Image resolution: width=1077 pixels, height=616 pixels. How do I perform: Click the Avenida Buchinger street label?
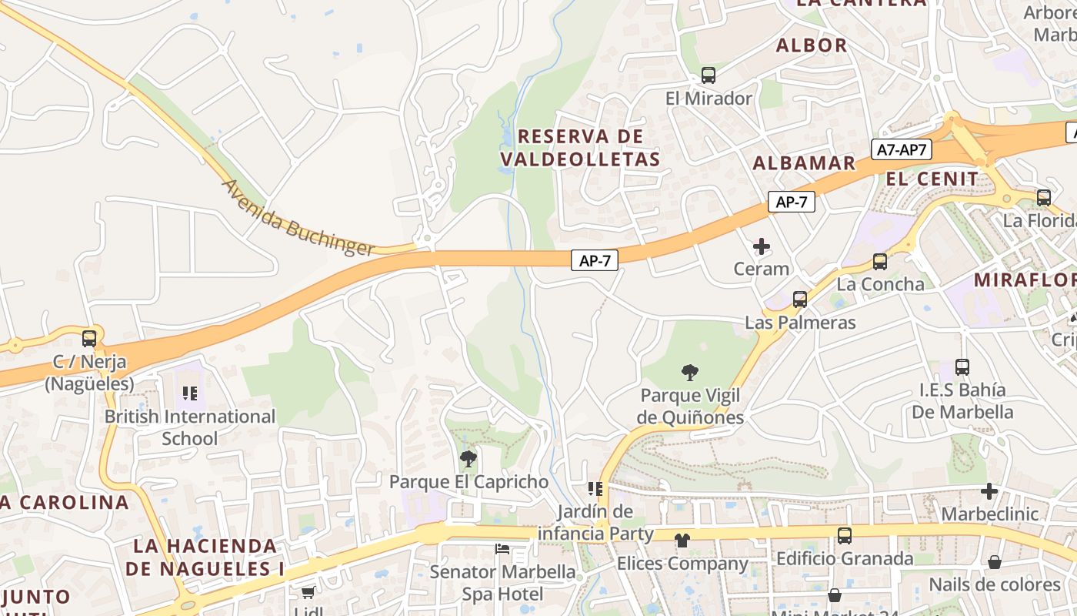point(298,219)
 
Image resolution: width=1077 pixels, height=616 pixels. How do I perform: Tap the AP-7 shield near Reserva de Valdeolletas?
point(595,260)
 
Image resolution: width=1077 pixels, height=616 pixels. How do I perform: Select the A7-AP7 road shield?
point(902,149)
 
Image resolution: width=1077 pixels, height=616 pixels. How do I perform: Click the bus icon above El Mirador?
point(709,75)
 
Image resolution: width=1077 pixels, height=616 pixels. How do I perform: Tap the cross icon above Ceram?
point(762,246)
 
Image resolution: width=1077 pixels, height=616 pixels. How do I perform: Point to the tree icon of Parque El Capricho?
point(468,460)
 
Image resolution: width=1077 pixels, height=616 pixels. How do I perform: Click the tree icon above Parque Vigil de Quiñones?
point(690,373)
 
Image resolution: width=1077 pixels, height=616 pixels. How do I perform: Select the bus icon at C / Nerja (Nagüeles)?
point(89,339)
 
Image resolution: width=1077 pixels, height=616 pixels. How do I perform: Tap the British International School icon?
point(190,393)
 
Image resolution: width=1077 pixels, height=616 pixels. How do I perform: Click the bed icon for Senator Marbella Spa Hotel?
point(502,549)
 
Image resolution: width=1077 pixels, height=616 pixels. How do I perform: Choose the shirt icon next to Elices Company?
point(682,541)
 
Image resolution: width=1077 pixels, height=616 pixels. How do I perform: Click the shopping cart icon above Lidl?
point(308,592)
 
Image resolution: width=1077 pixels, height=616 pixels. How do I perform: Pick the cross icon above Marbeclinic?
point(989,491)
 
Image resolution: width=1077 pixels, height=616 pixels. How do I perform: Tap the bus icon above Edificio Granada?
point(845,535)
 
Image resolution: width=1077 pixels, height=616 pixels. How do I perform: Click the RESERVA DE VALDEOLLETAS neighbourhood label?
point(581,148)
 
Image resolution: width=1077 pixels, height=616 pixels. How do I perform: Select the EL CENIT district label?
point(932,179)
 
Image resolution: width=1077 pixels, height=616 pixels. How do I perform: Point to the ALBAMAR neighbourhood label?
point(804,163)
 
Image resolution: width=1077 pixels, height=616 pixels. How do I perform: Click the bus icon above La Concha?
point(880,262)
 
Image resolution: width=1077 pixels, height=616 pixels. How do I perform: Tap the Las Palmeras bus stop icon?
point(800,300)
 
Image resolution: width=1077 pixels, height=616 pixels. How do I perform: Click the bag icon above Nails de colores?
point(995,562)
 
